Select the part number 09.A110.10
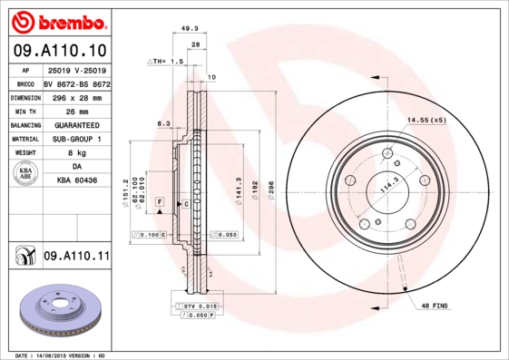[x=60, y=51]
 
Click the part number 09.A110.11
[x=76, y=257]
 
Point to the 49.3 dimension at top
[x=190, y=28]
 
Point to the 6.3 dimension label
[x=164, y=122]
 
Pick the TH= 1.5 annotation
[x=167, y=61]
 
